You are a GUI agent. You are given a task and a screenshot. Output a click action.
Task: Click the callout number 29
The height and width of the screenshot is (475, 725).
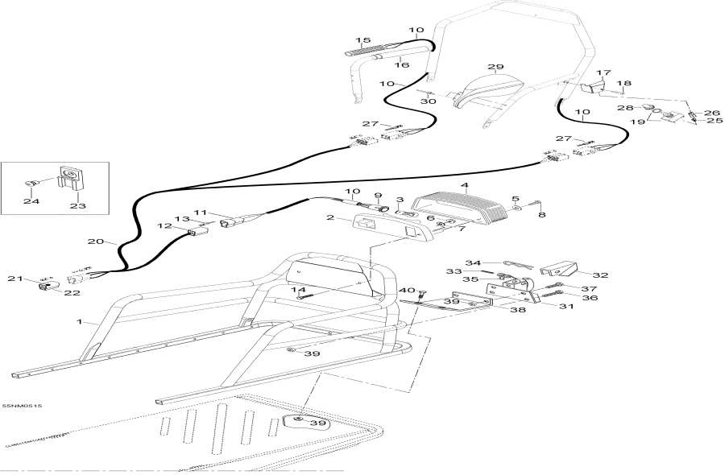click(x=495, y=67)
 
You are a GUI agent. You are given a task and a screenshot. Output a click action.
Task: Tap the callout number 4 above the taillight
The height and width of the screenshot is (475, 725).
click(x=465, y=185)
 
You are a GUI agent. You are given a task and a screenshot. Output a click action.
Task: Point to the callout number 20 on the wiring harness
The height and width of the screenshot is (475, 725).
click(x=96, y=242)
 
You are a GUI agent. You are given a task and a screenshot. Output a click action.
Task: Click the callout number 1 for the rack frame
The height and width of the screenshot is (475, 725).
click(x=80, y=321)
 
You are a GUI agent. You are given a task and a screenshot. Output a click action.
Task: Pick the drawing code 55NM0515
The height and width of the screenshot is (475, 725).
click(x=22, y=406)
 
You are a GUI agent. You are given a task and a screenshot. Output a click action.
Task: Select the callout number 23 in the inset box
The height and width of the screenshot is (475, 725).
click(x=77, y=205)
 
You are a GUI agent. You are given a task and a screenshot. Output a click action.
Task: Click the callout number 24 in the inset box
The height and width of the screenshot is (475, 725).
click(x=31, y=201)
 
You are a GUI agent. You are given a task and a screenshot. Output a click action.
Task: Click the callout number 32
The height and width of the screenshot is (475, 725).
click(x=600, y=275)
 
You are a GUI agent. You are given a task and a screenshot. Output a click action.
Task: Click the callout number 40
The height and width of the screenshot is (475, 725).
click(x=407, y=290)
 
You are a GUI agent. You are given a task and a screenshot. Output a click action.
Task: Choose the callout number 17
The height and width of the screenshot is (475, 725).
click(x=603, y=72)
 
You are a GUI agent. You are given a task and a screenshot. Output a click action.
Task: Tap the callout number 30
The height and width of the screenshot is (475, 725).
click(x=429, y=101)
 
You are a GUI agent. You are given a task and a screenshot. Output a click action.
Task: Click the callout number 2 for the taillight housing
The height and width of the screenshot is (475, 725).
click(x=330, y=217)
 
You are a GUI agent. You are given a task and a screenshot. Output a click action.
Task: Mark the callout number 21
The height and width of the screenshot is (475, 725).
click(x=14, y=279)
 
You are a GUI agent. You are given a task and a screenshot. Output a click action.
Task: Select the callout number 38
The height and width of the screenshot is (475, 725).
click(x=518, y=310)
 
